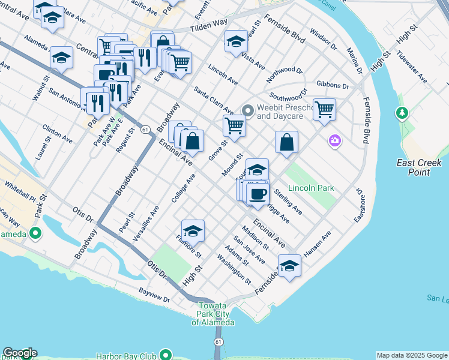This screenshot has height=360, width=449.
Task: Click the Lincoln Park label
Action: pos(311,188)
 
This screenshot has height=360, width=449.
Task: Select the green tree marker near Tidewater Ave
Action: pos(402,113)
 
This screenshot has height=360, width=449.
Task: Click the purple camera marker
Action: pos(335,141)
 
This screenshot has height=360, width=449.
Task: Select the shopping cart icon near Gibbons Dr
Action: pos(324,109)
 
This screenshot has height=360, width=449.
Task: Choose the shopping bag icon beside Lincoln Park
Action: pos(287,142)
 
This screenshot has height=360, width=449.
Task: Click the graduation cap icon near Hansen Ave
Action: pos(289,266)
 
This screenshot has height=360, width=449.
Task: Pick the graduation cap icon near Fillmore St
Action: pos(193,231)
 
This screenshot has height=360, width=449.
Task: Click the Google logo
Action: pos(20,353)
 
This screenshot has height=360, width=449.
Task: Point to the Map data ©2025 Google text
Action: pos(412,355)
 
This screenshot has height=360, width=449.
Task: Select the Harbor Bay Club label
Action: pos(127,356)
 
